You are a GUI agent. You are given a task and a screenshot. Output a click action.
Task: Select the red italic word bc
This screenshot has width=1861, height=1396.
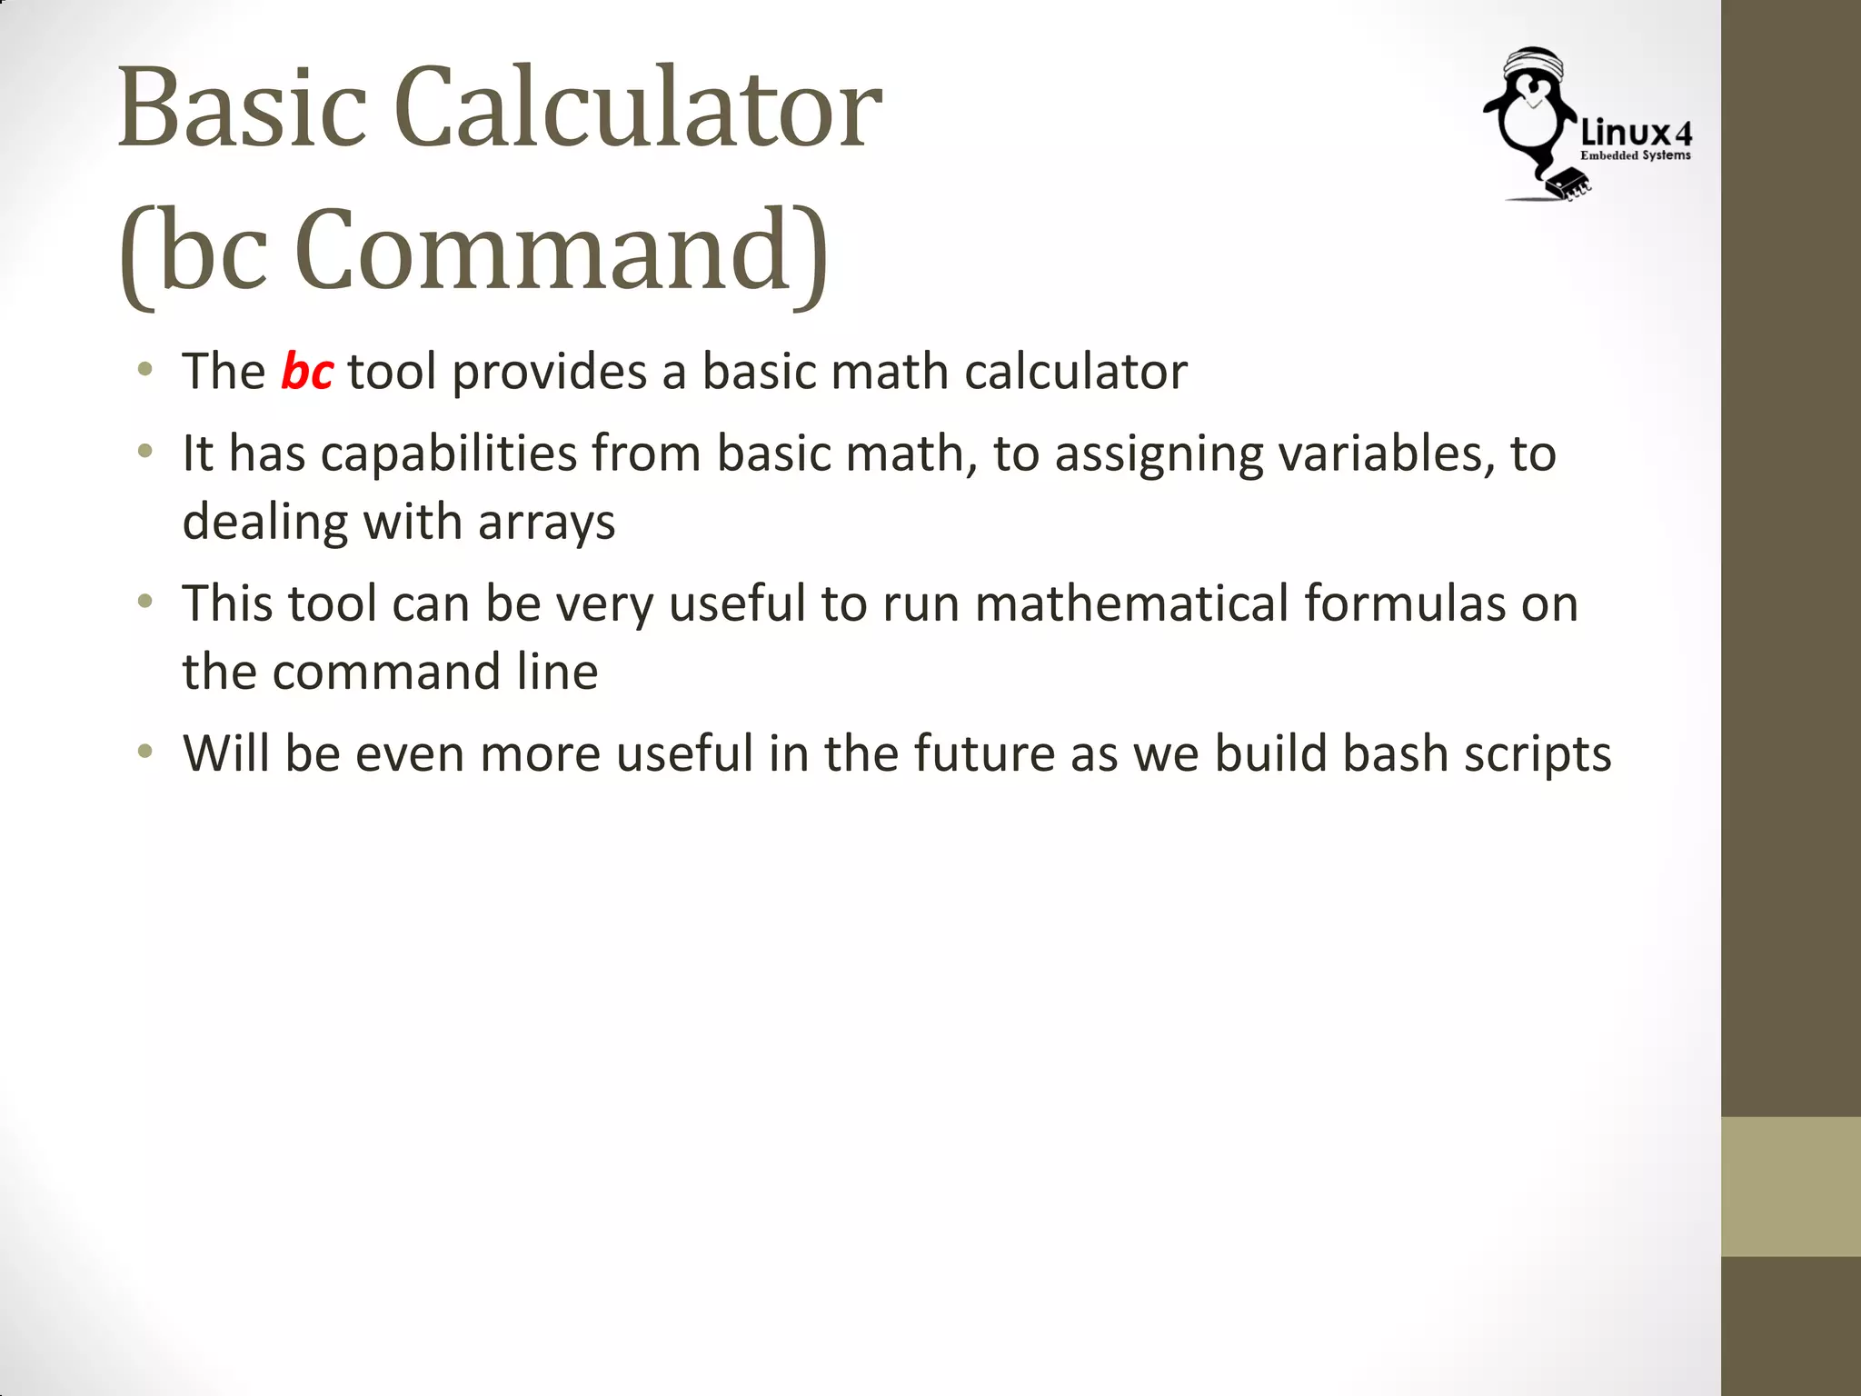(x=306, y=372)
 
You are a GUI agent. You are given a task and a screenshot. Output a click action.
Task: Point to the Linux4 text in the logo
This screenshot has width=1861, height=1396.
(x=1636, y=134)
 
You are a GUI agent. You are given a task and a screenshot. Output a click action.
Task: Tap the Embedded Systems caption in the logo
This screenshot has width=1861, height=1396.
(x=1636, y=156)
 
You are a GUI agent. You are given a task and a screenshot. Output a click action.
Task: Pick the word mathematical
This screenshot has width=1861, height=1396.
(x=1131, y=603)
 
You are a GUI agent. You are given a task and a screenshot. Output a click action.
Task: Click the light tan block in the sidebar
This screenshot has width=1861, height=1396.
(x=1790, y=1186)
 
